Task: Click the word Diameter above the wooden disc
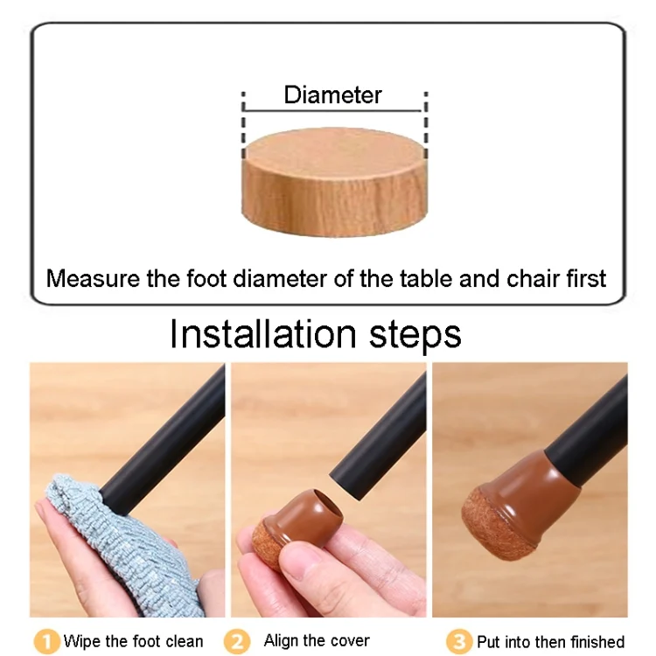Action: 332,95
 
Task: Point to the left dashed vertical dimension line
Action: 244,122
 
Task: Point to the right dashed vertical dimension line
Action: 425,122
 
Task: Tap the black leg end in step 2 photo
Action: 376,446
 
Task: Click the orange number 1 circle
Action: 46,641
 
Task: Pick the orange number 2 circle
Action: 236,641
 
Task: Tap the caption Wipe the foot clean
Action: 133,641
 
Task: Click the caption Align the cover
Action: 317,640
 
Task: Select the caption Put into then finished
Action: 550,641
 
